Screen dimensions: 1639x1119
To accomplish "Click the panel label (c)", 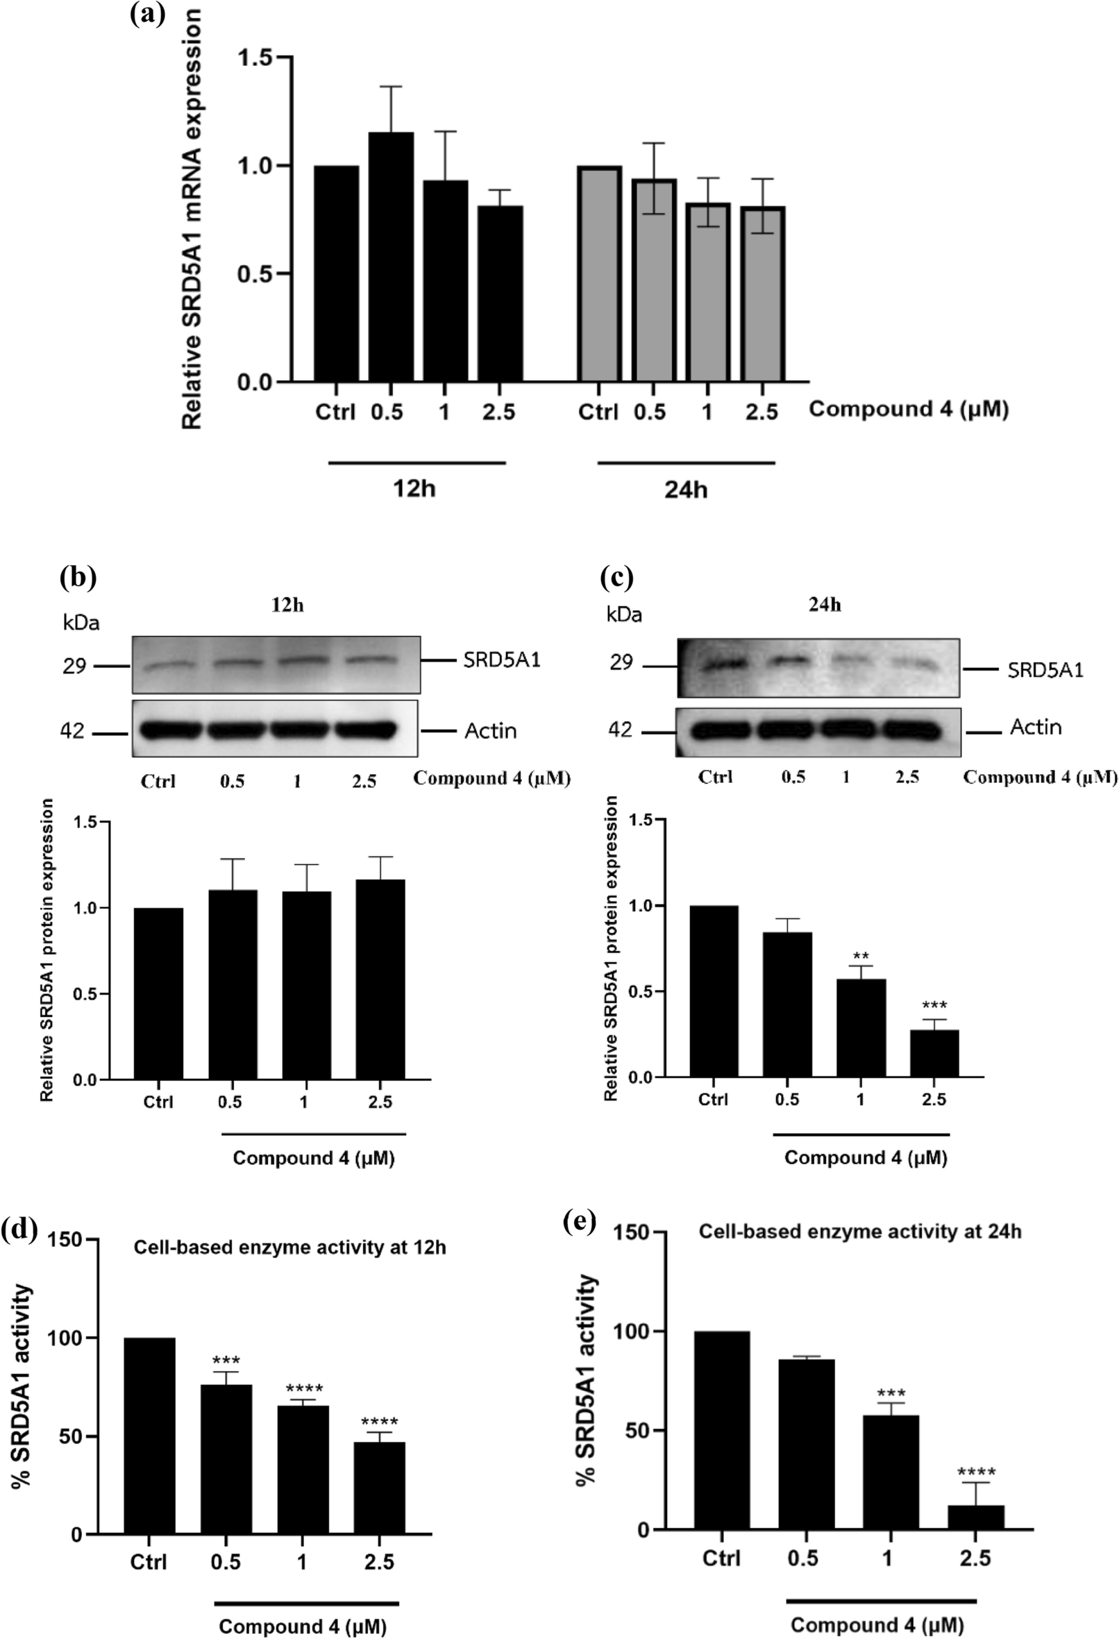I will coord(616,577).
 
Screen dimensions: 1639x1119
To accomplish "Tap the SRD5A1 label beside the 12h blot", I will coord(501,660).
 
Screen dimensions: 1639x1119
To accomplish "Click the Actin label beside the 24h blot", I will coord(1035,727).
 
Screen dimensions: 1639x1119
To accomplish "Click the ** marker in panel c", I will coord(861,957).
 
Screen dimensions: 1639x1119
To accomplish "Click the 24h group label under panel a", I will coord(685,489).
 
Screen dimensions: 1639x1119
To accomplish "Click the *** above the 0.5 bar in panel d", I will coord(226,1361).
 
